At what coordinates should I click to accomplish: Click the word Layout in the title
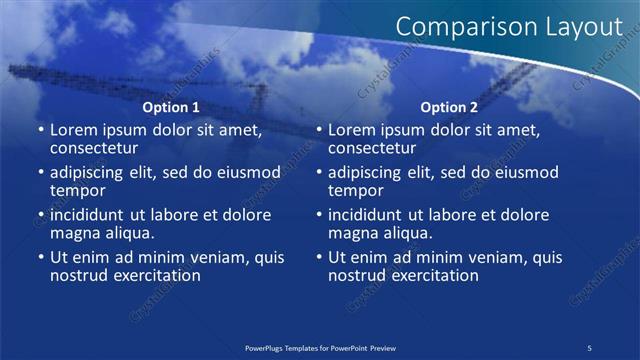tap(584, 27)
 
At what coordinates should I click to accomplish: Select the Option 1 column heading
tap(171, 107)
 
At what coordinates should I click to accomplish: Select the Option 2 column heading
tap(449, 107)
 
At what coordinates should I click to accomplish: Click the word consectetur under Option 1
tap(93, 148)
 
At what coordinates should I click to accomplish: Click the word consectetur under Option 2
tap(371, 148)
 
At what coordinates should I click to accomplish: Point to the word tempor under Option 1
tap(77, 190)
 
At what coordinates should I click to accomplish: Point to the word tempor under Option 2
tap(355, 190)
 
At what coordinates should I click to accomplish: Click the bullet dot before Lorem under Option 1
tap(40, 130)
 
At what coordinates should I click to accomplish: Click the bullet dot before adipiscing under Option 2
tap(318, 173)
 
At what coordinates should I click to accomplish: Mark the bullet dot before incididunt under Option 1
tap(40, 215)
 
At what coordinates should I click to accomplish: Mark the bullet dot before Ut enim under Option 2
tap(318, 258)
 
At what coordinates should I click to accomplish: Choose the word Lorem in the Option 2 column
tap(352, 130)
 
